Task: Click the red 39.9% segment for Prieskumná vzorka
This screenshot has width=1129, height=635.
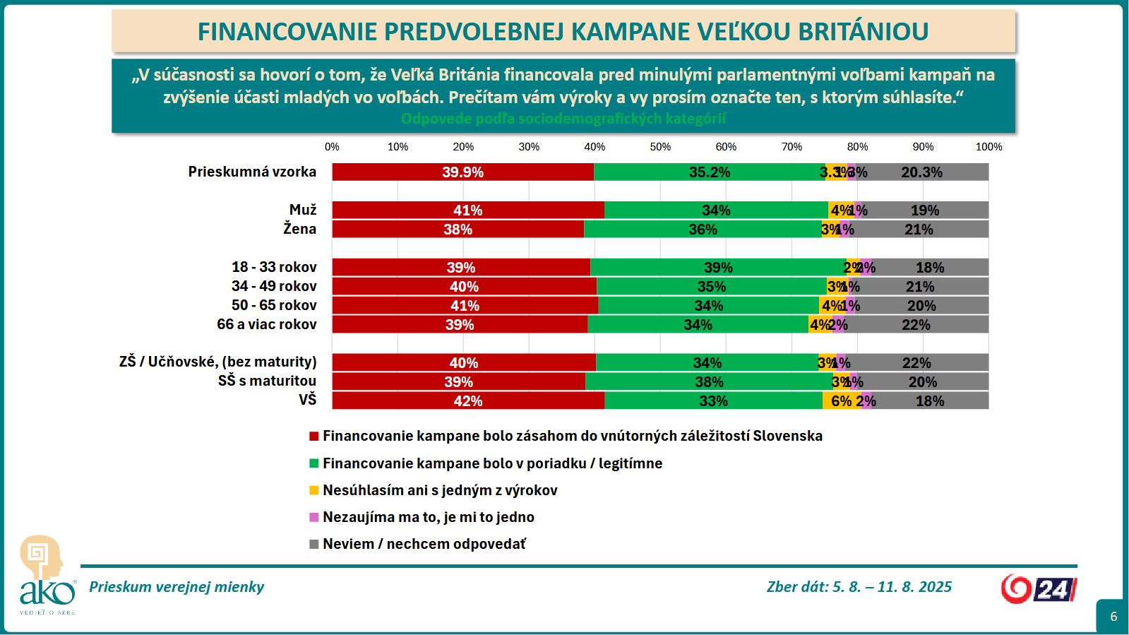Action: pyautogui.click(x=462, y=172)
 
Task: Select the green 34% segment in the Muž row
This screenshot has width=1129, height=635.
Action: pyautogui.click(x=716, y=210)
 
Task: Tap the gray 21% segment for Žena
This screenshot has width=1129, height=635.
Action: pyautogui.click(x=918, y=230)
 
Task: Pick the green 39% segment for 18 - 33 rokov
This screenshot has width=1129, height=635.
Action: pyautogui.click(x=718, y=268)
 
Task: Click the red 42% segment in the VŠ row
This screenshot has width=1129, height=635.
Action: pyautogui.click(x=467, y=401)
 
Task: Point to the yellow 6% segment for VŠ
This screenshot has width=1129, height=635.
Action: pyautogui.click(x=840, y=401)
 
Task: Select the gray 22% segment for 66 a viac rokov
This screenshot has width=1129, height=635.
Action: pyautogui.click(x=916, y=325)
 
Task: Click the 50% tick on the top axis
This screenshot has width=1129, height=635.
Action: pyautogui.click(x=660, y=147)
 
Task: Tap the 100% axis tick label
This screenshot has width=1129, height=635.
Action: pyautogui.click(x=988, y=147)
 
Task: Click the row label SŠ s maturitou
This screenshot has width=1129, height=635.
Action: pyautogui.click(x=267, y=381)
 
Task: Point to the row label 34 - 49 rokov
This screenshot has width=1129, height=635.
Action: pyautogui.click(x=274, y=286)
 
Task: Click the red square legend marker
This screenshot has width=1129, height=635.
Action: pyautogui.click(x=314, y=437)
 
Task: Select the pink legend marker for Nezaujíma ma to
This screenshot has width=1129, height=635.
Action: pyautogui.click(x=314, y=518)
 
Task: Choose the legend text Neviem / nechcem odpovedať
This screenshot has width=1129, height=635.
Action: pyautogui.click(x=424, y=544)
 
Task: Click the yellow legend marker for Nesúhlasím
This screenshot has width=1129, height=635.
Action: pyautogui.click(x=314, y=490)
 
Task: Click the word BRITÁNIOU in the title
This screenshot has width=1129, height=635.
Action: pyautogui.click(x=863, y=32)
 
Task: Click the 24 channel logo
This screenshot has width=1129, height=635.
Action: pyautogui.click(x=1039, y=589)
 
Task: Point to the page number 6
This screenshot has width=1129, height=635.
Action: pyautogui.click(x=1113, y=617)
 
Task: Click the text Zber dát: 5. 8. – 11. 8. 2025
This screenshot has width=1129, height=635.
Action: pyautogui.click(x=859, y=587)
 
